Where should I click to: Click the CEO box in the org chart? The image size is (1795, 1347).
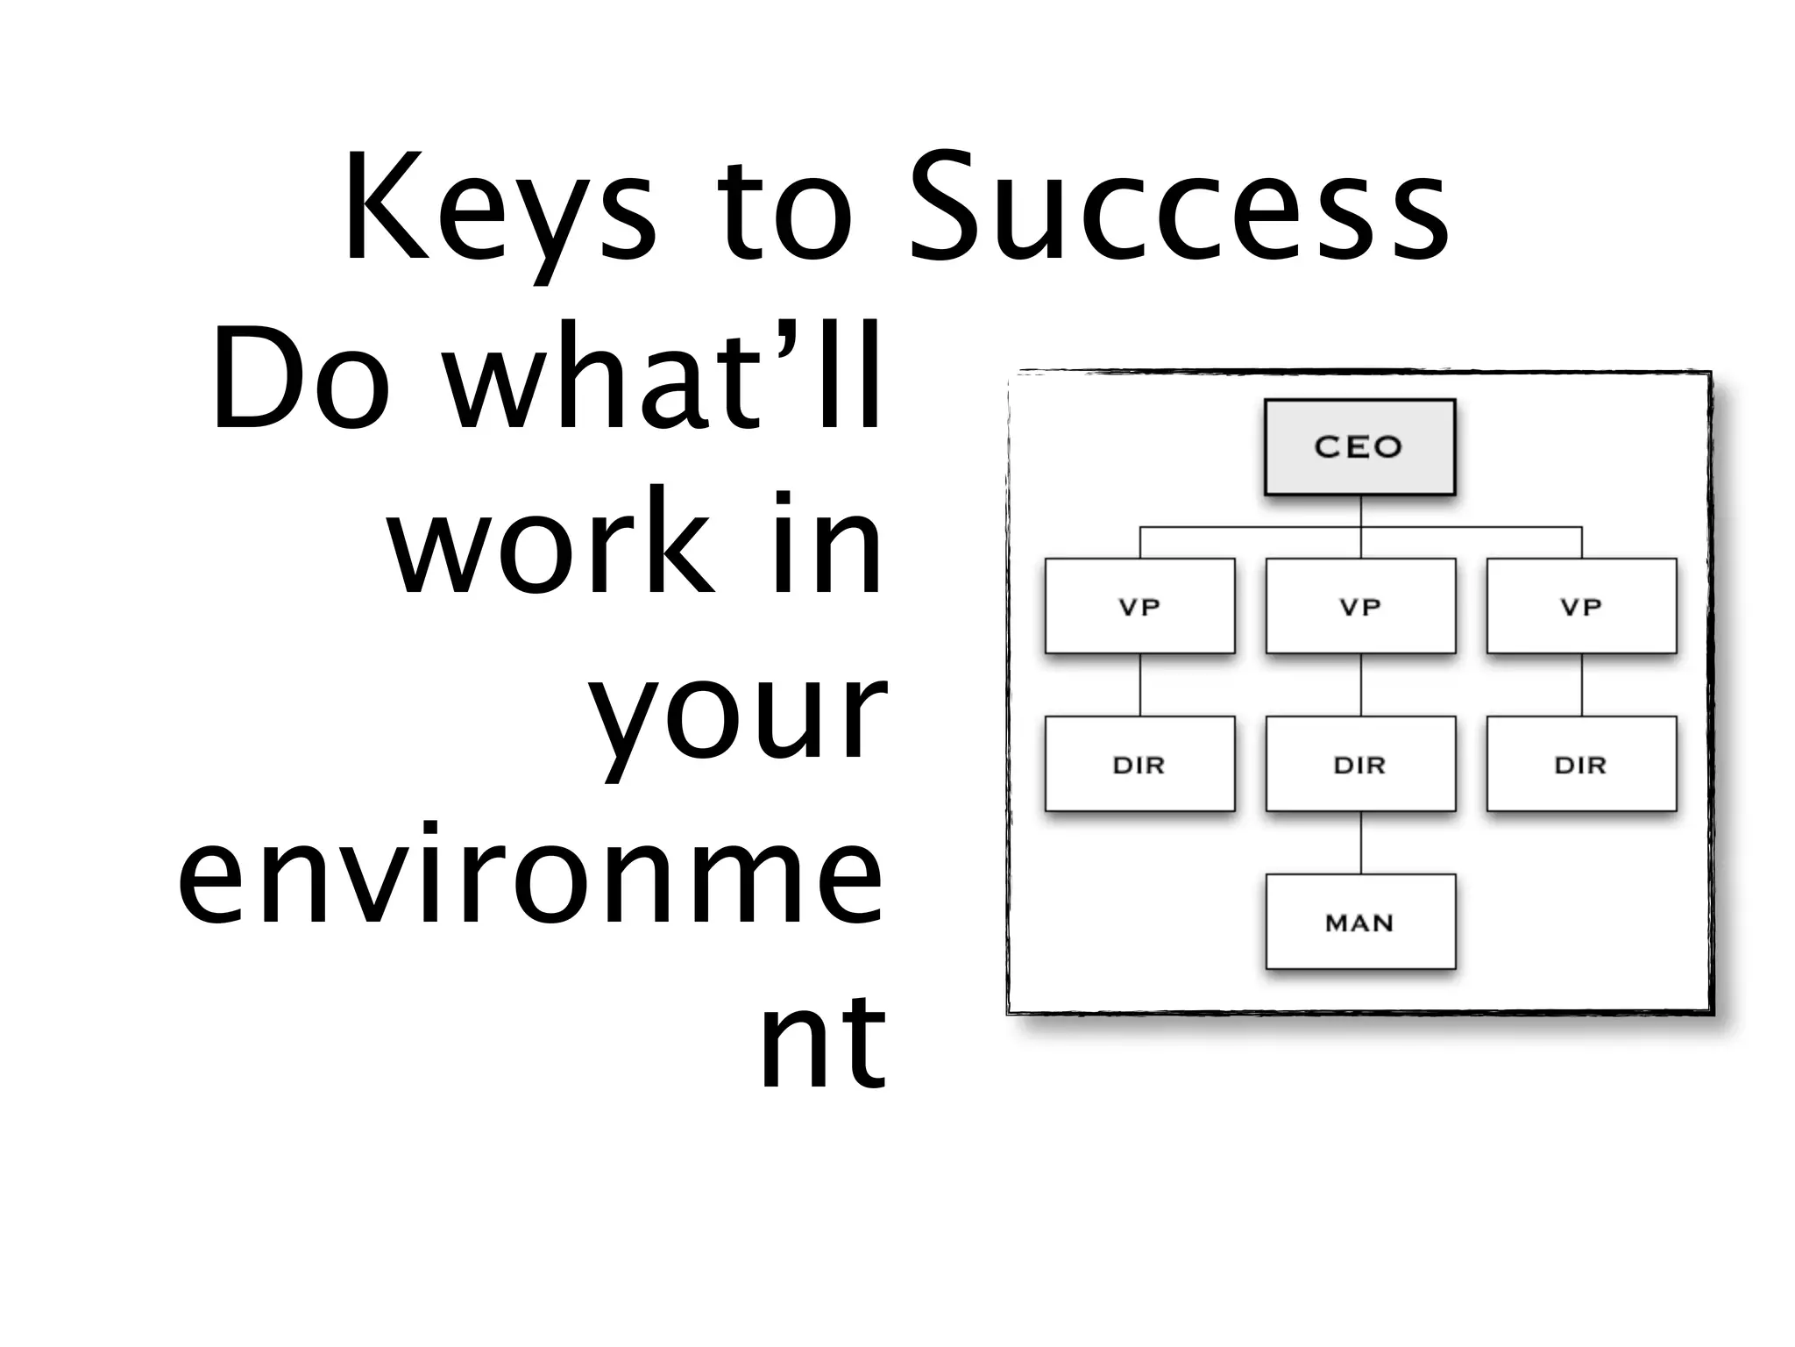(x=1359, y=447)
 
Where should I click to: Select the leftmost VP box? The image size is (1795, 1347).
(x=1139, y=606)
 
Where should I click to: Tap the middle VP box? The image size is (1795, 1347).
(x=1360, y=606)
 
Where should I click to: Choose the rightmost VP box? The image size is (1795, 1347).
(x=1581, y=606)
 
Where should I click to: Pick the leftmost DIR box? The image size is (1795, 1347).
(x=1139, y=764)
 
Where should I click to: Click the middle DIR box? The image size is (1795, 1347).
(x=1360, y=764)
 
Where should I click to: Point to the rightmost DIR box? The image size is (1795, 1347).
(x=1581, y=764)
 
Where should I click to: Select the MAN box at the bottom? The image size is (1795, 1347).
(x=1360, y=922)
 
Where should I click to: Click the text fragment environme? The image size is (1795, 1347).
(x=530, y=873)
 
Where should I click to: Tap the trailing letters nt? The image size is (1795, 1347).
(x=822, y=1039)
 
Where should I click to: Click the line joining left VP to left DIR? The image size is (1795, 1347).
(x=1140, y=685)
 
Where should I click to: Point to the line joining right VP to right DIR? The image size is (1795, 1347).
(x=1582, y=685)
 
